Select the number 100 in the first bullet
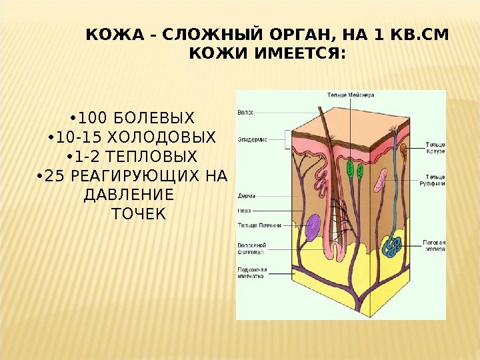pyautogui.click(x=93, y=119)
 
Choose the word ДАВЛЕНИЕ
pyautogui.click(x=126, y=195)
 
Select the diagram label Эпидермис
pyautogui.click(x=253, y=139)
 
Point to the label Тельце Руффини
pyautogui.click(x=434, y=180)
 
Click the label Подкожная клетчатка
pyautogui.click(x=251, y=272)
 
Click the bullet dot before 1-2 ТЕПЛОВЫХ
pyautogui.click(x=69, y=158)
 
